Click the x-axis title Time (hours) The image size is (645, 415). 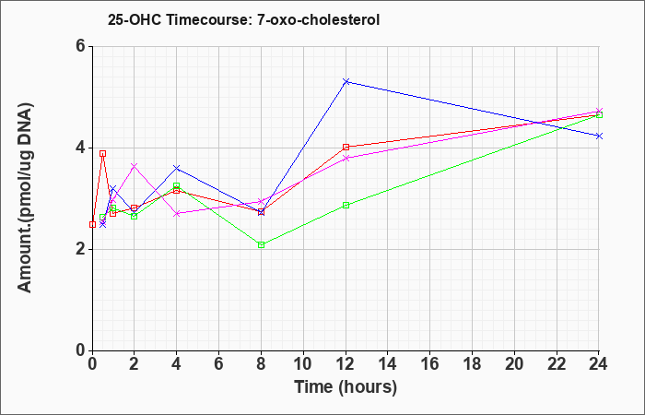tap(346, 387)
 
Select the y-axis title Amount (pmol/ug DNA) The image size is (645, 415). tap(26, 198)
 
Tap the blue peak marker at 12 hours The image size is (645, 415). tap(346, 81)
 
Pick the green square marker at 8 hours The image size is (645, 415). tap(261, 245)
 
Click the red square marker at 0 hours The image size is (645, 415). tap(92, 224)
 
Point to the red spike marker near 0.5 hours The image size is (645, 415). tap(103, 154)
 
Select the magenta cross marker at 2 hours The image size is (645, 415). tap(135, 166)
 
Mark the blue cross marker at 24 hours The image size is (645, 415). tap(599, 136)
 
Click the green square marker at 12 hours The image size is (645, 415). tap(346, 205)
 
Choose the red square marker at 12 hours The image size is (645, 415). tap(346, 147)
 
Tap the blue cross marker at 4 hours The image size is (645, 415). tap(177, 168)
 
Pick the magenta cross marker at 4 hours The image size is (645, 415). tap(177, 213)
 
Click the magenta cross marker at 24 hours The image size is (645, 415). tap(599, 112)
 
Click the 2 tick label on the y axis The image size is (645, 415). tap(81, 250)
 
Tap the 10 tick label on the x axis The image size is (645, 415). tap(303, 364)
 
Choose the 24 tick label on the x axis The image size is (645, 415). tap(599, 364)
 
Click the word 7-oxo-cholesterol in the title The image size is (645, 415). tap(319, 20)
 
